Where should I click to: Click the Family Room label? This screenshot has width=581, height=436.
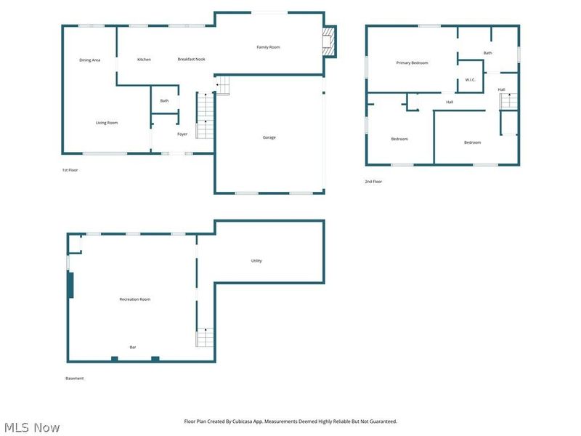pos(268,47)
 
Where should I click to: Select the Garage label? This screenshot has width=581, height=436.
pos(269,137)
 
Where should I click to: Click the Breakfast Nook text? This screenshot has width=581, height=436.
pos(191,60)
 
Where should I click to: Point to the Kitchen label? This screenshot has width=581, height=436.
pos(144,60)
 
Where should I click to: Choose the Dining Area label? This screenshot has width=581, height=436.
pos(89,60)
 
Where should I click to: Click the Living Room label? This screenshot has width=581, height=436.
pos(107,123)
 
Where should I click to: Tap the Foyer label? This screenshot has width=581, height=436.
pos(182,134)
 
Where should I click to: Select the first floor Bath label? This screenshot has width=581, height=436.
pos(165,101)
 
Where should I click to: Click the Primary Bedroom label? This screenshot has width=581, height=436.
pos(412,63)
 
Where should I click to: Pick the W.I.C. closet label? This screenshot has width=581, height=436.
pos(470,80)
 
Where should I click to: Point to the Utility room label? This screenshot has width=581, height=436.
pos(256,261)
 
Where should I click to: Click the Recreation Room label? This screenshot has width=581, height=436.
pos(135,299)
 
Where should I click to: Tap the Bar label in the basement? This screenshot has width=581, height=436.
pos(133,347)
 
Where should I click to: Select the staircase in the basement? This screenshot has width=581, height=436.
pos(205,337)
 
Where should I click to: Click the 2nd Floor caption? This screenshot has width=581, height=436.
pos(373,182)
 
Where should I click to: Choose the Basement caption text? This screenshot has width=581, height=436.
pos(75,379)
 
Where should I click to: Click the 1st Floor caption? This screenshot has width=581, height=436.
pos(70,170)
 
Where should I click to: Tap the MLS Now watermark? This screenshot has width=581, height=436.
pos(32,427)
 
